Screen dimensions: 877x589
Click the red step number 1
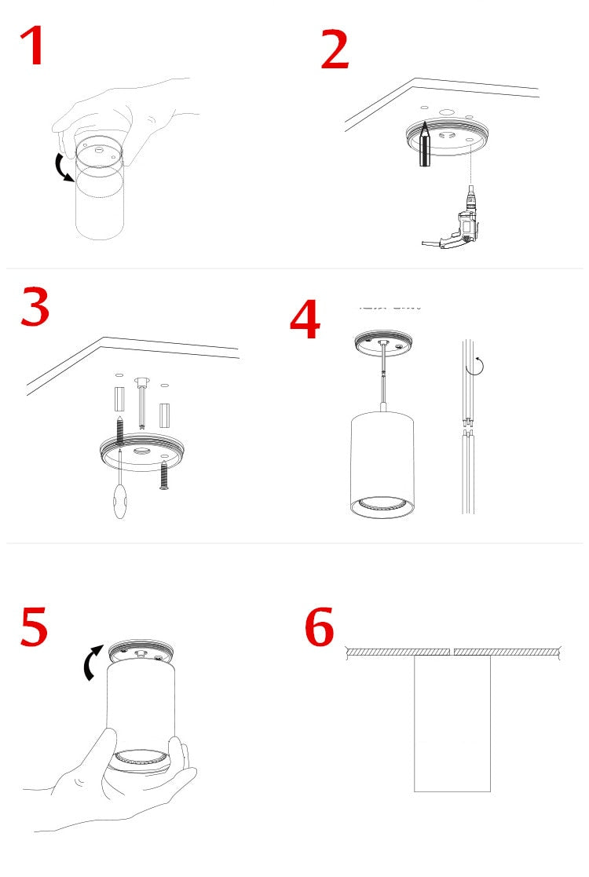point(33,46)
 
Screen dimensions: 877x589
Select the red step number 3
point(35,309)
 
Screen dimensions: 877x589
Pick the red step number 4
point(305,321)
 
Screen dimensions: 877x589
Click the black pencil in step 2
point(423,144)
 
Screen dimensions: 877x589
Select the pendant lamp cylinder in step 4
point(382,463)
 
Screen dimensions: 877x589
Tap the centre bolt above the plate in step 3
point(141,400)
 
